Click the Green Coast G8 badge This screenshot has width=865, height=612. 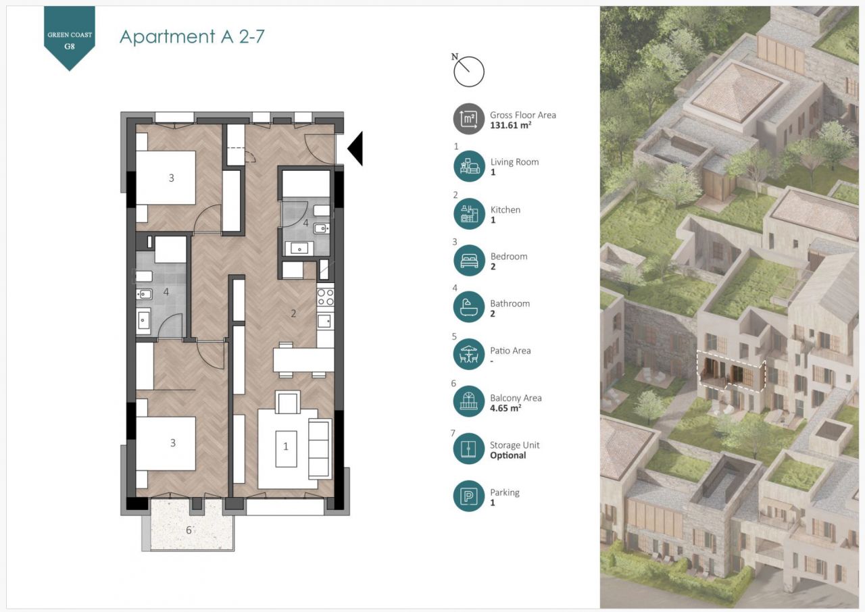pos(70,36)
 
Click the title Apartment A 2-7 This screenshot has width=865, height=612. pos(192,36)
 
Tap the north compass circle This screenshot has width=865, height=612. pos(469,72)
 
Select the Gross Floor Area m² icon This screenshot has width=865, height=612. pos(469,119)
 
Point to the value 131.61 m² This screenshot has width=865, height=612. pos(510,125)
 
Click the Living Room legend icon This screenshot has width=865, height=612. pos(469,166)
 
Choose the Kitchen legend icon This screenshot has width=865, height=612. pos(469,213)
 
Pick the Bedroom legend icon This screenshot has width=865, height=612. pos(469,261)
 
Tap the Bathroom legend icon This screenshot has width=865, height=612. pos(469,307)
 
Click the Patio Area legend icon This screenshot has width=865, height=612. pos(469,354)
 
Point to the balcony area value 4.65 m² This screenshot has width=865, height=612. pos(505,408)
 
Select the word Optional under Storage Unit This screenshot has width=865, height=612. pos(508,455)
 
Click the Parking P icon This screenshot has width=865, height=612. pos(469,496)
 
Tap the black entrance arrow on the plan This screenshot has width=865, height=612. pos(355,149)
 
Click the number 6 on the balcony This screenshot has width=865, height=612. pos(189,530)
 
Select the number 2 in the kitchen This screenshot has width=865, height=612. pos(293,313)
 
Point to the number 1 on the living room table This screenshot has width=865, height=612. pos(286,447)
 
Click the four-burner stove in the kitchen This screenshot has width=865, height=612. pos(325,297)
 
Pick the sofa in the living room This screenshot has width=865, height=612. pos(320,449)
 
